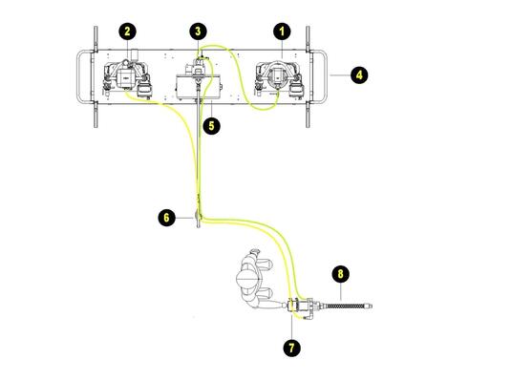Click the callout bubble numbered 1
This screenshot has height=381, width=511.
(x=282, y=32)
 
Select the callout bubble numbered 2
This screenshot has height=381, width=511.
(x=127, y=32)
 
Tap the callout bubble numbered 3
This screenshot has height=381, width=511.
(x=198, y=32)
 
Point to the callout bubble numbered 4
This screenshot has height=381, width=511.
(x=359, y=75)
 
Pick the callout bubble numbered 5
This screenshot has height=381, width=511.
(x=211, y=126)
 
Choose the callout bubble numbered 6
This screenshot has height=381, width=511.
(x=166, y=218)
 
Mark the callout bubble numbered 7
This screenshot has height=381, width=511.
(x=291, y=348)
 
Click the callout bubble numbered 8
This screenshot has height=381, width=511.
(x=341, y=274)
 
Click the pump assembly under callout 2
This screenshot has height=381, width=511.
(x=127, y=78)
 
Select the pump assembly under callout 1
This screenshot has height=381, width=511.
(x=280, y=78)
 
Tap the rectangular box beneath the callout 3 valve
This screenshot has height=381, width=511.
(x=198, y=87)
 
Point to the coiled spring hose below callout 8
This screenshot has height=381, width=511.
(x=348, y=306)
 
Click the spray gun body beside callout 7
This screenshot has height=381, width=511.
(x=300, y=307)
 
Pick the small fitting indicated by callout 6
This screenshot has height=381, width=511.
(x=198, y=216)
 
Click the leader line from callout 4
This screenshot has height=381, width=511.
(x=340, y=75)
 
